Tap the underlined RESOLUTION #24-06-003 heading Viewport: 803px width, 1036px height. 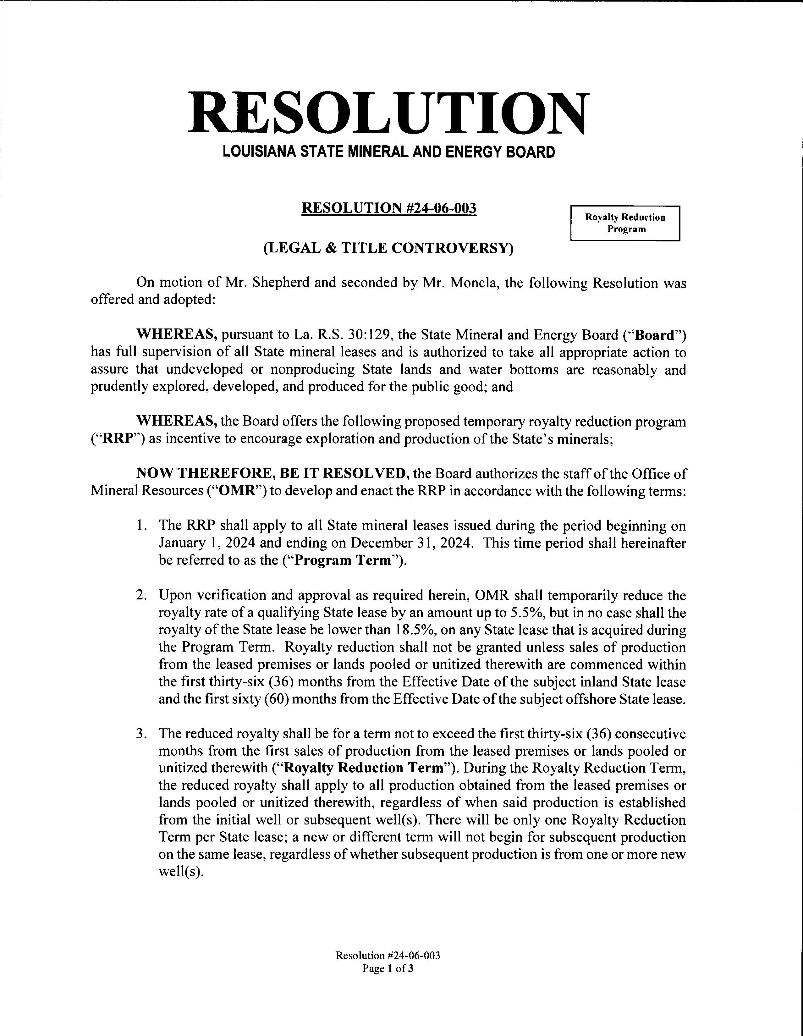389,208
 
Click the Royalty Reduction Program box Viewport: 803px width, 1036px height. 625,223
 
